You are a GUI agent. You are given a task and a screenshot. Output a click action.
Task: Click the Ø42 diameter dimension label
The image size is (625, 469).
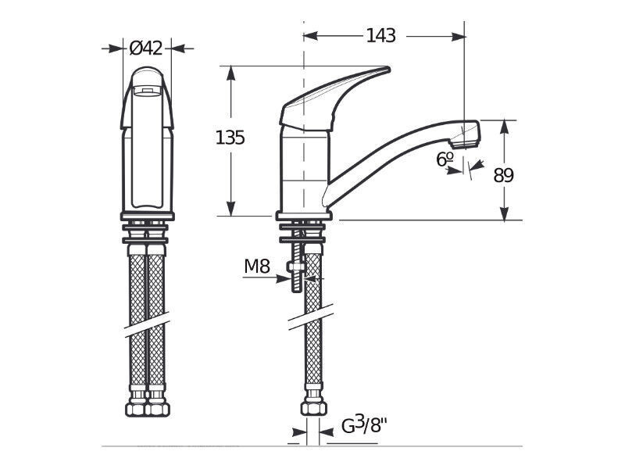[146, 48]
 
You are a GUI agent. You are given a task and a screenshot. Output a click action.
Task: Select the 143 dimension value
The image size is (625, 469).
[380, 35]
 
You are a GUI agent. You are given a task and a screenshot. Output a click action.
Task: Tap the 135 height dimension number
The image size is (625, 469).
[230, 138]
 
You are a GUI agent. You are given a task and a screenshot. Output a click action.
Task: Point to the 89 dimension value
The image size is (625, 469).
[503, 175]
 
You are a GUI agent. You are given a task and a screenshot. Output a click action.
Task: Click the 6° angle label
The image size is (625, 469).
[445, 159]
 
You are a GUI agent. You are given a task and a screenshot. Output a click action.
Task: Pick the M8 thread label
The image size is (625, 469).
[257, 266]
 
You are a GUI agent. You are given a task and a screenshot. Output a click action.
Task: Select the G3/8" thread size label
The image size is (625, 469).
[365, 425]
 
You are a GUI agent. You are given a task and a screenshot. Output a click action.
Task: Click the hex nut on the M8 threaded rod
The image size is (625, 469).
[295, 266]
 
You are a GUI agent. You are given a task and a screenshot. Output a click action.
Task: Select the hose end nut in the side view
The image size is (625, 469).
[313, 407]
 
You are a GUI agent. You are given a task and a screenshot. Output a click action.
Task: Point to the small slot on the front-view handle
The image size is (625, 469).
[147, 91]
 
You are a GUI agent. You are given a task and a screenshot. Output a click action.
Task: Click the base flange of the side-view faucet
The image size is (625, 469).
[304, 217]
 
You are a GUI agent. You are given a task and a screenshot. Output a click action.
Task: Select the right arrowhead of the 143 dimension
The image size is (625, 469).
[458, 36]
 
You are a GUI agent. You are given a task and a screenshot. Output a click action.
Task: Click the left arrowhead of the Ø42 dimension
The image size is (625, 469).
[116, 48]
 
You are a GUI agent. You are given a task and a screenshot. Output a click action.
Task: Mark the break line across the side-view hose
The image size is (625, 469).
[311, 317]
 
